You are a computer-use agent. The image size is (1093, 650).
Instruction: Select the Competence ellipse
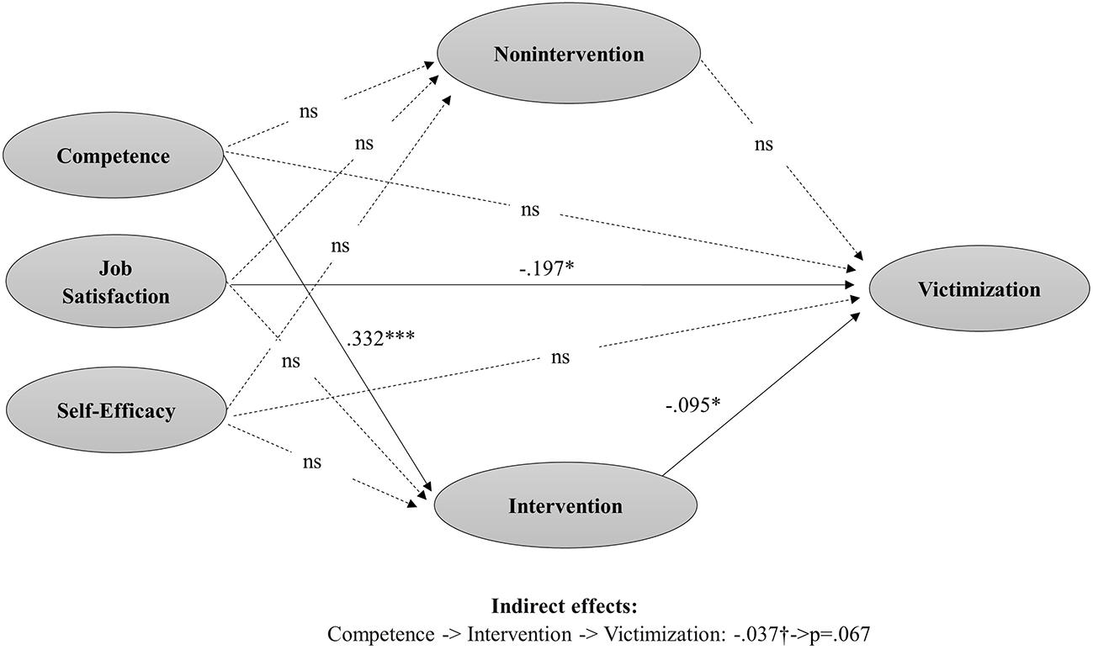pos(114,156)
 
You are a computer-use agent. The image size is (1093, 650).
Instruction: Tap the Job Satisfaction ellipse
pos(117,283)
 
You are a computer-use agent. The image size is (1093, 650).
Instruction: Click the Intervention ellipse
pos(565,506)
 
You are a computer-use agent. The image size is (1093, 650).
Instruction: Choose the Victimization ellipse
pos(979,290)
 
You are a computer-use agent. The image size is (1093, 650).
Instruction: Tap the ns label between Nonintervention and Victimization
pos(764,145)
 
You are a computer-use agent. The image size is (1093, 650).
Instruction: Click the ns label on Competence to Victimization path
pos(530,209)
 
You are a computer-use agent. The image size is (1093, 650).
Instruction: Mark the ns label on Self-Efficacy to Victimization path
pos(560,357)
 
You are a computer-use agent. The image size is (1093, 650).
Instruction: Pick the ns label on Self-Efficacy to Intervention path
pos(310,462)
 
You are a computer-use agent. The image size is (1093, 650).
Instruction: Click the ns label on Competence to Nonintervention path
pos(309,111)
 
